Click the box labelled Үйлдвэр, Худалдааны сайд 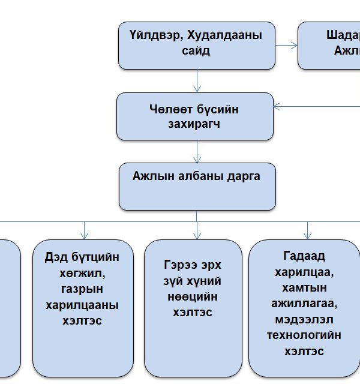tap(197, 46)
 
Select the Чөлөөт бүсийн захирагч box tap(194, 116)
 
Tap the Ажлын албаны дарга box tap(197, 186)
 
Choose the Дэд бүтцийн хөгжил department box tap(83, 307)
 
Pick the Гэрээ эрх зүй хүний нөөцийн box tap(193, 307)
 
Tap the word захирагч tap(195, 125)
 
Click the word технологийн tap(305, 335)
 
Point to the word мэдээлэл tap(305, 319)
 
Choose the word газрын tap(83, 289)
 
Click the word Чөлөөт tap(170, 109)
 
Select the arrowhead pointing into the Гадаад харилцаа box tap(308, 235)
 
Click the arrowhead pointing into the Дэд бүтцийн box tap(85, 235)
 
